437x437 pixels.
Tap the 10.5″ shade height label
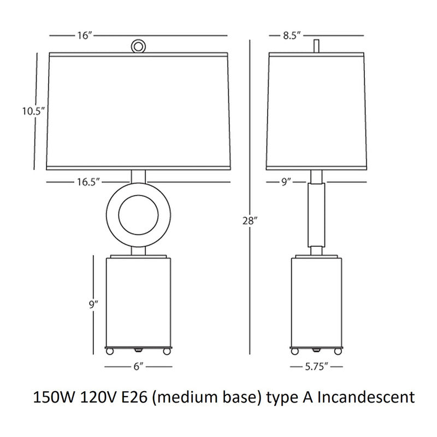click(x=34, y=111)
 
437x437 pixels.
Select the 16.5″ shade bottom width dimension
click(x=88, y=182)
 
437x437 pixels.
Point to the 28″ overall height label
click(x=250, y=221)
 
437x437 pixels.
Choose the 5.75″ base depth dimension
click(x=316, y=367)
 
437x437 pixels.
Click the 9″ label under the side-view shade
click(x=286, y=182)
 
